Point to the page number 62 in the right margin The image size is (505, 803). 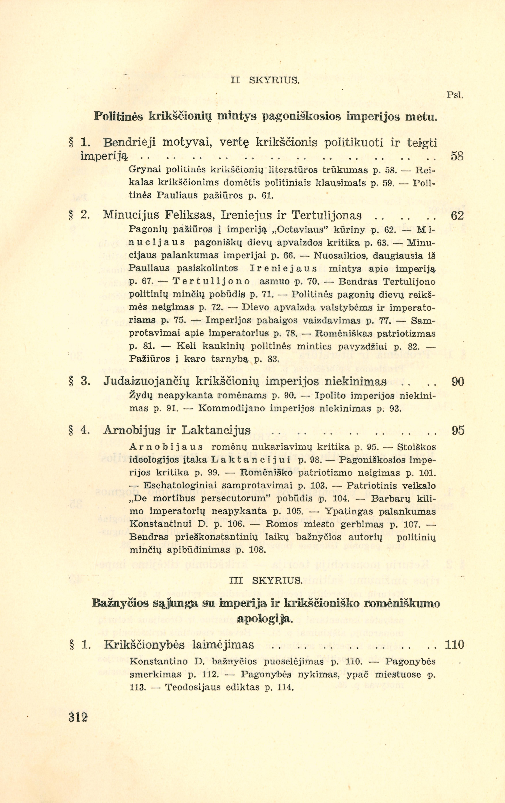click(x=457, y=216)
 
